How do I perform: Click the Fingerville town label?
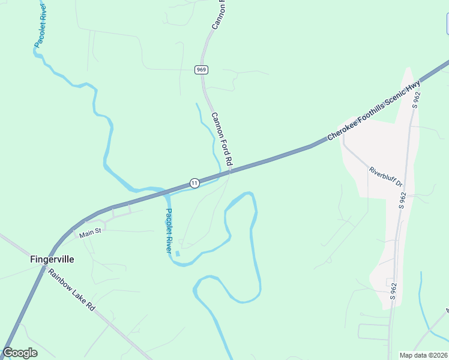tap(52, 260)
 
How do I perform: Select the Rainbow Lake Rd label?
tap(72, 289)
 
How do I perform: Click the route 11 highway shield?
tap(194, 182)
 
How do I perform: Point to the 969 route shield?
tap(201, 70)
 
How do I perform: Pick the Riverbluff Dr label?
tap(385, 176)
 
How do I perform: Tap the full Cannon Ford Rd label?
tap(221, 139)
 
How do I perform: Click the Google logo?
tap(20, 353)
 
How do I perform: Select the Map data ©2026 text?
tap(423, 355)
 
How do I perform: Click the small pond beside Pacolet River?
tap(177, 253)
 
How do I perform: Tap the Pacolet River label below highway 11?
tap(169, 230)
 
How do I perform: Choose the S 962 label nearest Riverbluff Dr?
tap(403, 200)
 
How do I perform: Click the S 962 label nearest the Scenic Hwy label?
tap(416, 99)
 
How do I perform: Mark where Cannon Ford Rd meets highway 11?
tap(230, 173)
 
